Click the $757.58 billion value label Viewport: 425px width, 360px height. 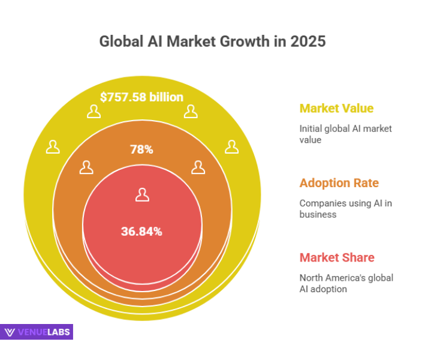[142, 97]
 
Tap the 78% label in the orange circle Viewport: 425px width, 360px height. [141, 149]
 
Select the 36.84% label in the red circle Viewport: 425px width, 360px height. [142, 231]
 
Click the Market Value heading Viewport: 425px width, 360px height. [336, 109]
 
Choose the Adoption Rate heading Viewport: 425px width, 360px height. [339, 183]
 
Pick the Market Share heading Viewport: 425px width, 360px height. [337, 257]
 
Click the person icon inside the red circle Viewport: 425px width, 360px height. [142, 194]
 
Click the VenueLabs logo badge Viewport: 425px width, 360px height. [37, 332]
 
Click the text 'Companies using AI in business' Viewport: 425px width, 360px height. [345, 208]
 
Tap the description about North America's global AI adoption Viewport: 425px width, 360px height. [346, 283]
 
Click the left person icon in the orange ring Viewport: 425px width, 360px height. [86, 167]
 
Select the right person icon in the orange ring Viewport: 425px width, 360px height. [198, 167]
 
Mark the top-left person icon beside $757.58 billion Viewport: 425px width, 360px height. [93, 111]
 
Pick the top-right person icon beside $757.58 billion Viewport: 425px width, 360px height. [191, 111]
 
